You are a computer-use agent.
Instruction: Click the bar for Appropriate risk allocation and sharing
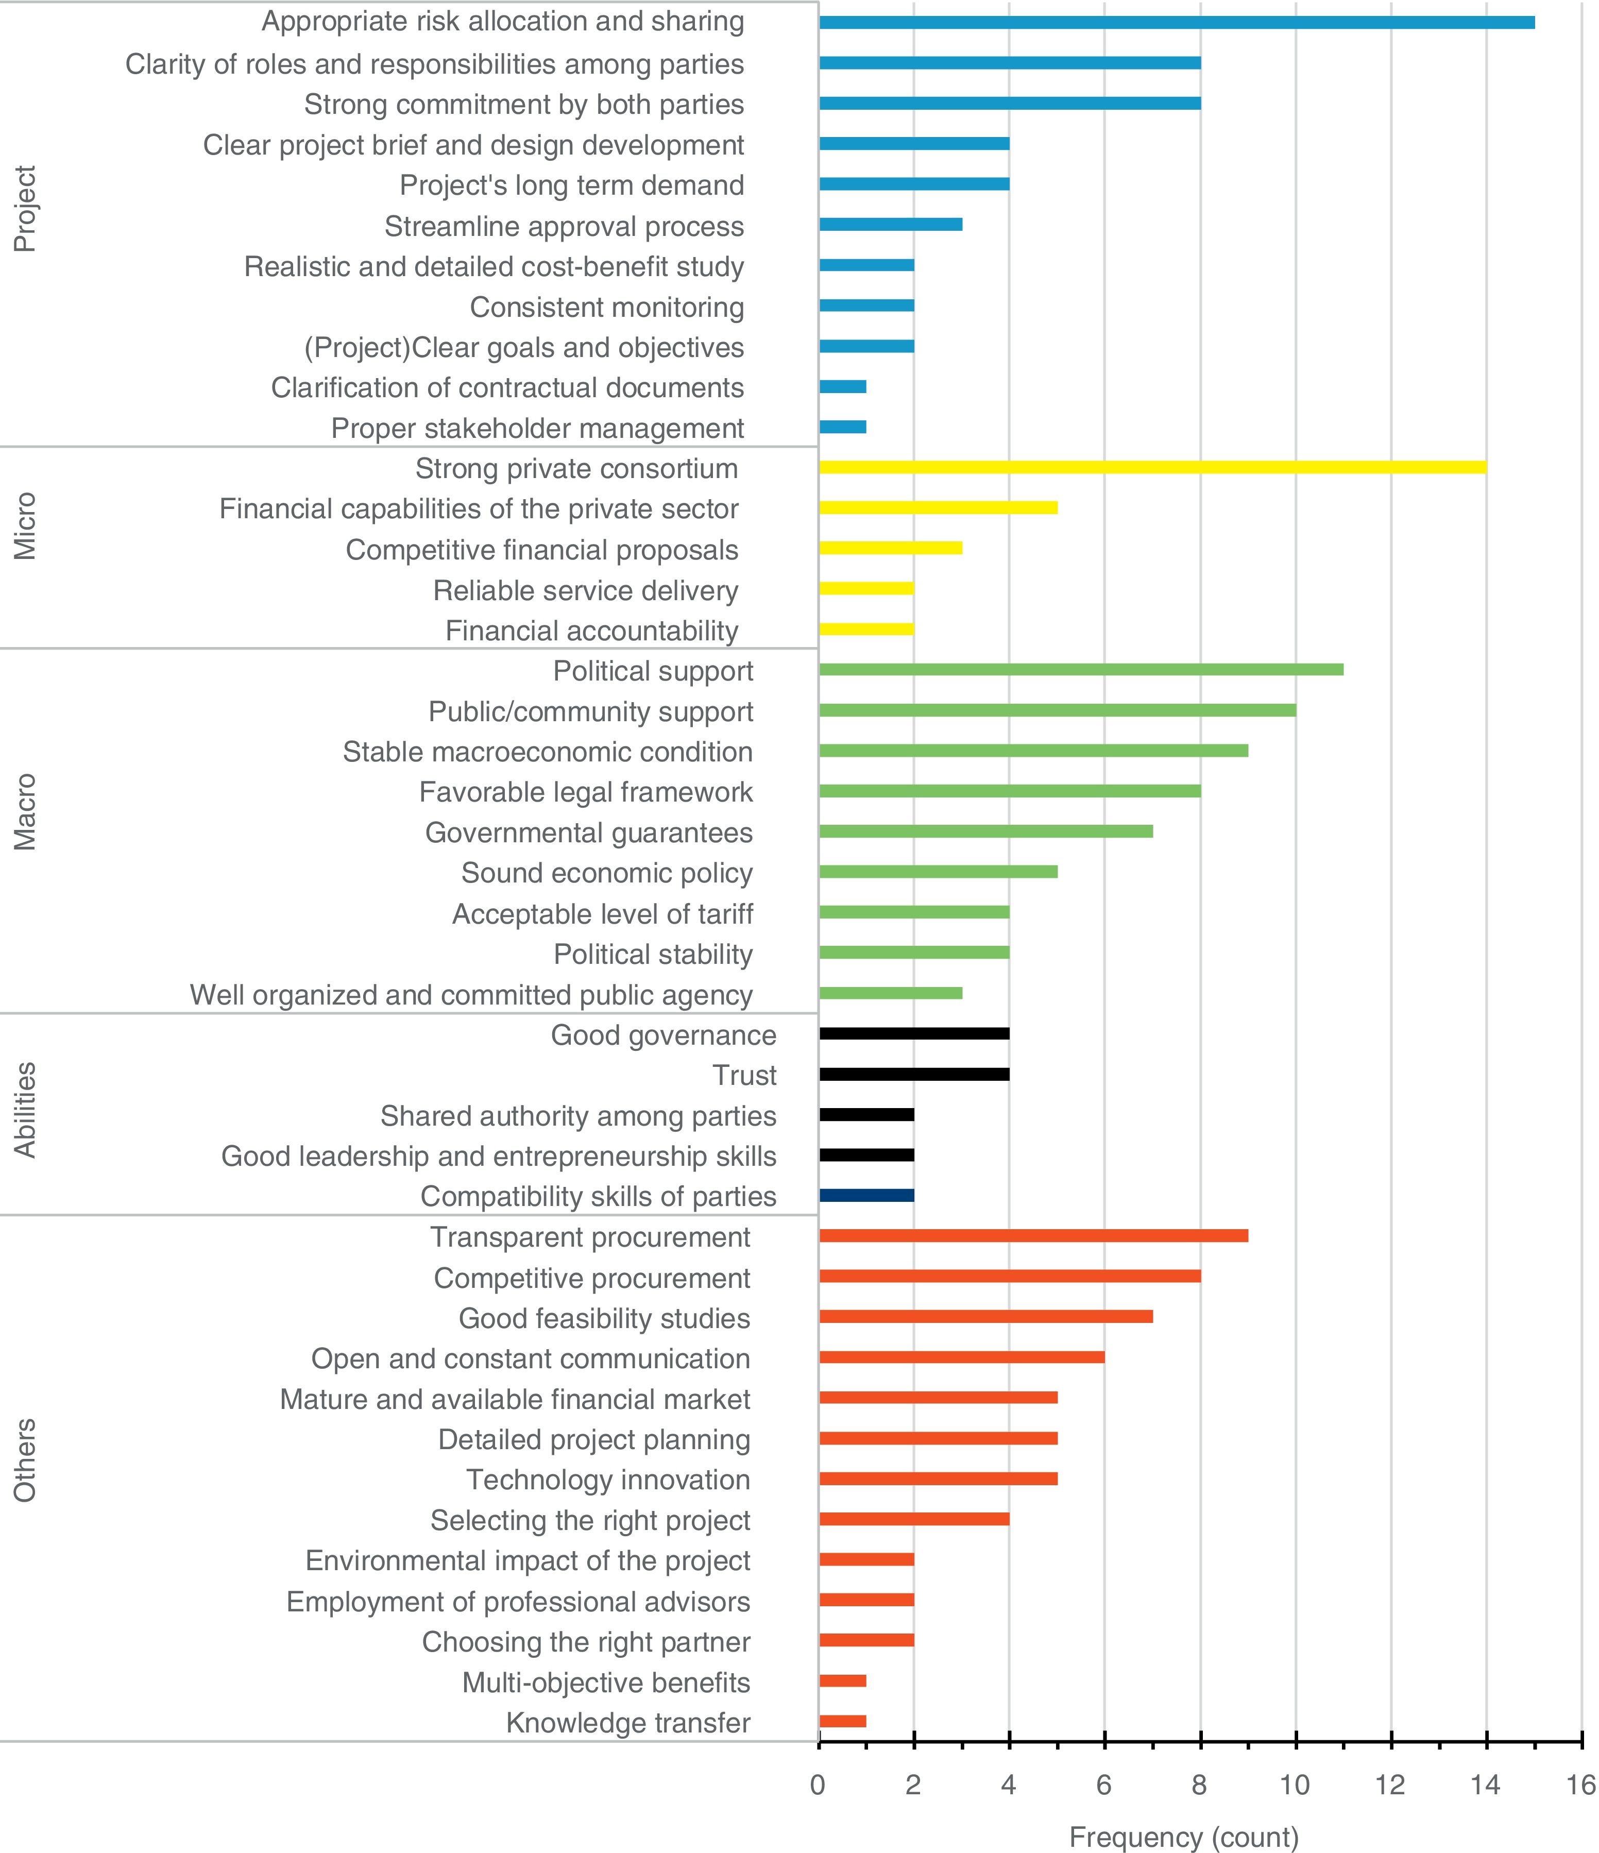(1176, 22)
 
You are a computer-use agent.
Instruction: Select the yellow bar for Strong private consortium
(1152, 467)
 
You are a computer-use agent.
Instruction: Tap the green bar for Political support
(1080, 670)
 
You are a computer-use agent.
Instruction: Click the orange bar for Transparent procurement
(1033, 1236)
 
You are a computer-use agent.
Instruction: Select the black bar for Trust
(914, 1074)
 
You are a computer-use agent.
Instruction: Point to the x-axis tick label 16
(1581, 1785)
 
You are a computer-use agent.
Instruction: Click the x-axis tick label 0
(818, 1785)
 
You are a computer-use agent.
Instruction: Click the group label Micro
(25, 526)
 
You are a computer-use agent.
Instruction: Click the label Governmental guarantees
(588, 832)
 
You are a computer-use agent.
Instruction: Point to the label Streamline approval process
(564, 226)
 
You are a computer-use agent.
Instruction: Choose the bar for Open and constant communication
(961, 1357)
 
